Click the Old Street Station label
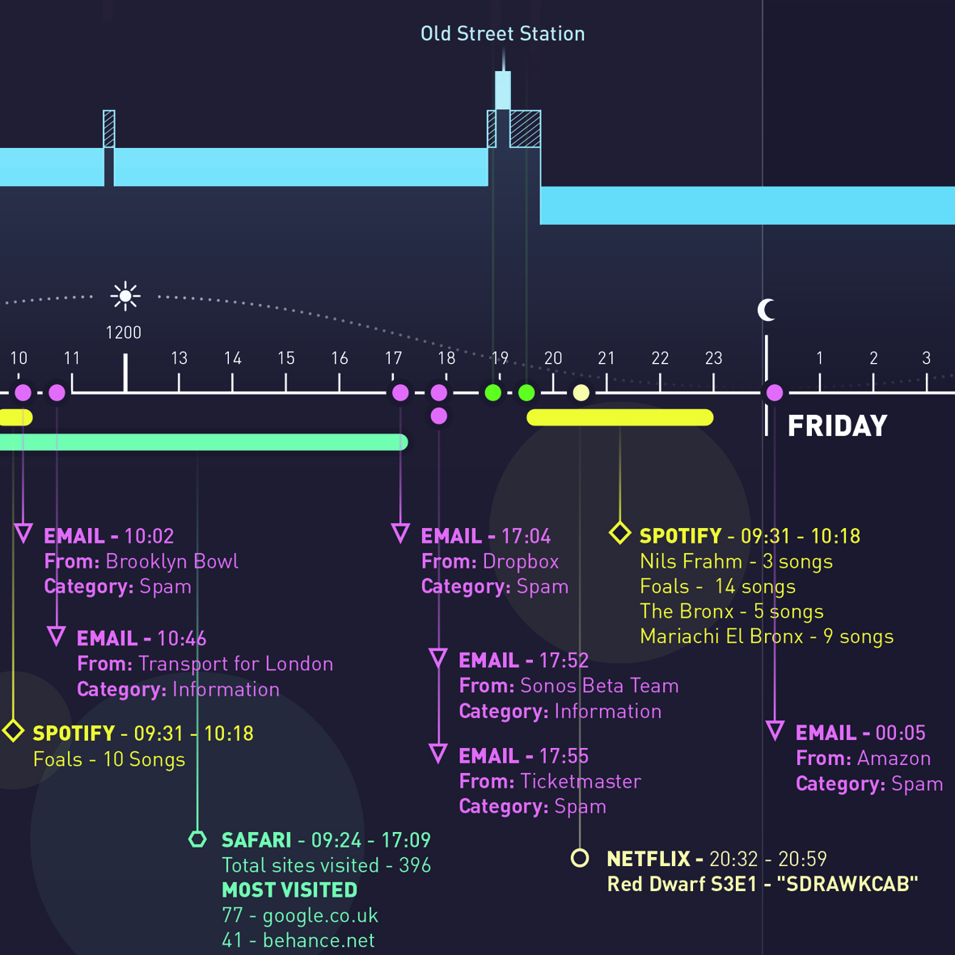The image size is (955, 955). (x=502, y=34)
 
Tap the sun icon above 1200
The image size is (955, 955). (x=125, y=297)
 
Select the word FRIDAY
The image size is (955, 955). (x=837, y=426)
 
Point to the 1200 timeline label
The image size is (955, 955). (x=124, y=332)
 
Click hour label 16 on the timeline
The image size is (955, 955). (x=340, y=358)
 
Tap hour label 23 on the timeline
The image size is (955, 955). (x=713, y=358)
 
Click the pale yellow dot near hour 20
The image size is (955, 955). (x=581, y=393)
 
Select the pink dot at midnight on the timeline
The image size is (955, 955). (x=775, y=393)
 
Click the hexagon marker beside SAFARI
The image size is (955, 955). (x=198, y=839)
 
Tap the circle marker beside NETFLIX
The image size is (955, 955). (x=580, y=858)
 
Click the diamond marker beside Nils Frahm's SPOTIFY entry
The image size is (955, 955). (x=620, y=533)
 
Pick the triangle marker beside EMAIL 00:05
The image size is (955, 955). (x=775, y=732)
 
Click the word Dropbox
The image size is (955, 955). (x=520, y=561)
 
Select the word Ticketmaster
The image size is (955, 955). (x=580, y=781)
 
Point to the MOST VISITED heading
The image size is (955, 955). (x=289, y=890)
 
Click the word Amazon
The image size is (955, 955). (x=894, y=759)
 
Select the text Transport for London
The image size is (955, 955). (x=235, y=664)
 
